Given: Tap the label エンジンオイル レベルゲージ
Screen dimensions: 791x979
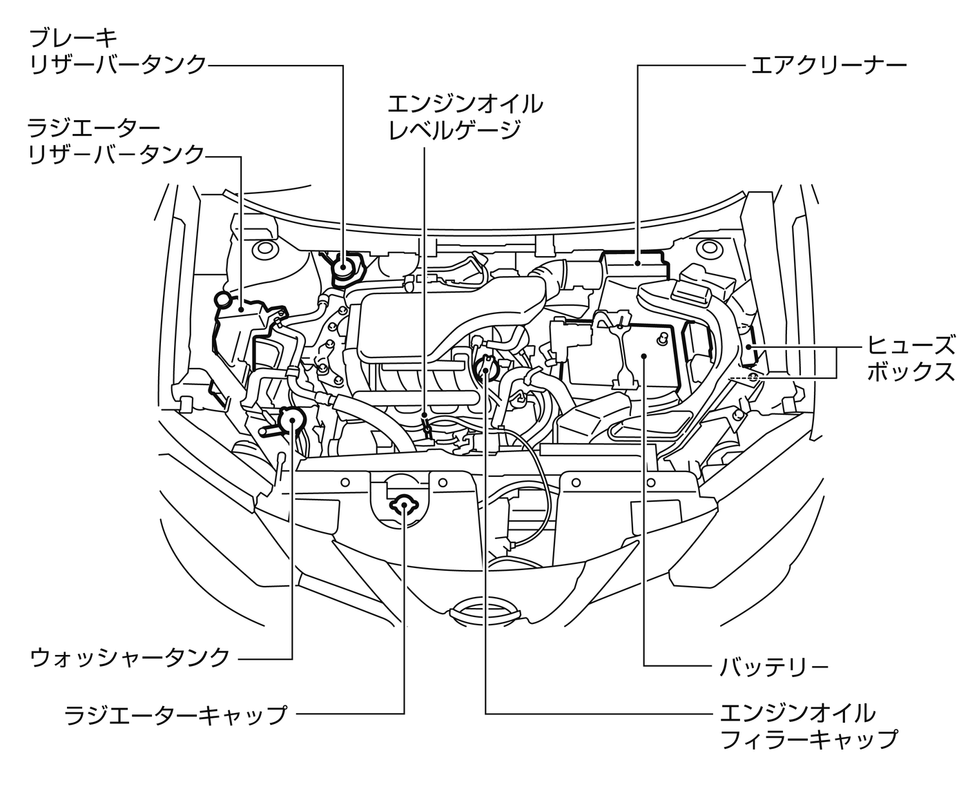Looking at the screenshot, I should tap(464, 116).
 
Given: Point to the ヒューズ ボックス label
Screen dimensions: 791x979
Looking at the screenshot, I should tap(911, 358).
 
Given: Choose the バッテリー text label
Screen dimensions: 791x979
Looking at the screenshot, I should tap(773, 667).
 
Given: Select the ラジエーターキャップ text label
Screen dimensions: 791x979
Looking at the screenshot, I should tap(175, 714).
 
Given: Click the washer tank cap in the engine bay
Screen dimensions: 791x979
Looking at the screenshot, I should tap(291, 418).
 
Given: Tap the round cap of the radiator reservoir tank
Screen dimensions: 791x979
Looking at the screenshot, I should tap(224, 300).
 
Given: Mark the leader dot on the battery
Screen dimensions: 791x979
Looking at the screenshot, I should tap(643, 356).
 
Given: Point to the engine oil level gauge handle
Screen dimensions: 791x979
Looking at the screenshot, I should tap(427, 429).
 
